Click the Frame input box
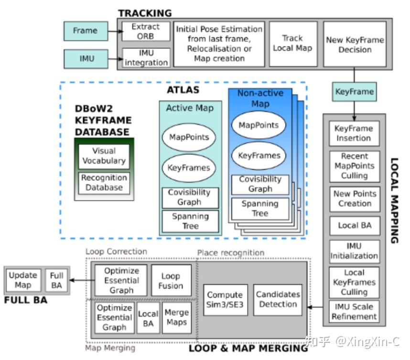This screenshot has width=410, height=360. click(85, 31)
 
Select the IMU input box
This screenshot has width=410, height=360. click(86, 59)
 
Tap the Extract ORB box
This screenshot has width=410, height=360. click(145, 32)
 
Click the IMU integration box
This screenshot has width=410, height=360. click(146, 58)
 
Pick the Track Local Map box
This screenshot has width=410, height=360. click(292, 44)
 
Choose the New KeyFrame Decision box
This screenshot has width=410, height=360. click(355, 44)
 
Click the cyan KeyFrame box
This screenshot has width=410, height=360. click(355, 91)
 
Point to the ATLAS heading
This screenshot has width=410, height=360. click(183, 90)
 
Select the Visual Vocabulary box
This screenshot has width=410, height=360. click(104, 156)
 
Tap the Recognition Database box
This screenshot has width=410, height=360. click(104, 182)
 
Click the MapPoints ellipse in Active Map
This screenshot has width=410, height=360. click(189, 137)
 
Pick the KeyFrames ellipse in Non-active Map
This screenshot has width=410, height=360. click(259, 155)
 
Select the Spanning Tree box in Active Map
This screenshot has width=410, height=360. click(190, 221)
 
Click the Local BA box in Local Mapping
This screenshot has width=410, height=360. click(354, 226)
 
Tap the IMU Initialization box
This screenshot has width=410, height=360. click(354, 251)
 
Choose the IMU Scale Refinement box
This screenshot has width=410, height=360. click(354, 311)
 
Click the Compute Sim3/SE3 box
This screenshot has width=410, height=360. click(225, 300)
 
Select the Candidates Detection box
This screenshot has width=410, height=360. click(278, 299)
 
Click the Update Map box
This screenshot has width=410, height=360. click(22, 280)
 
